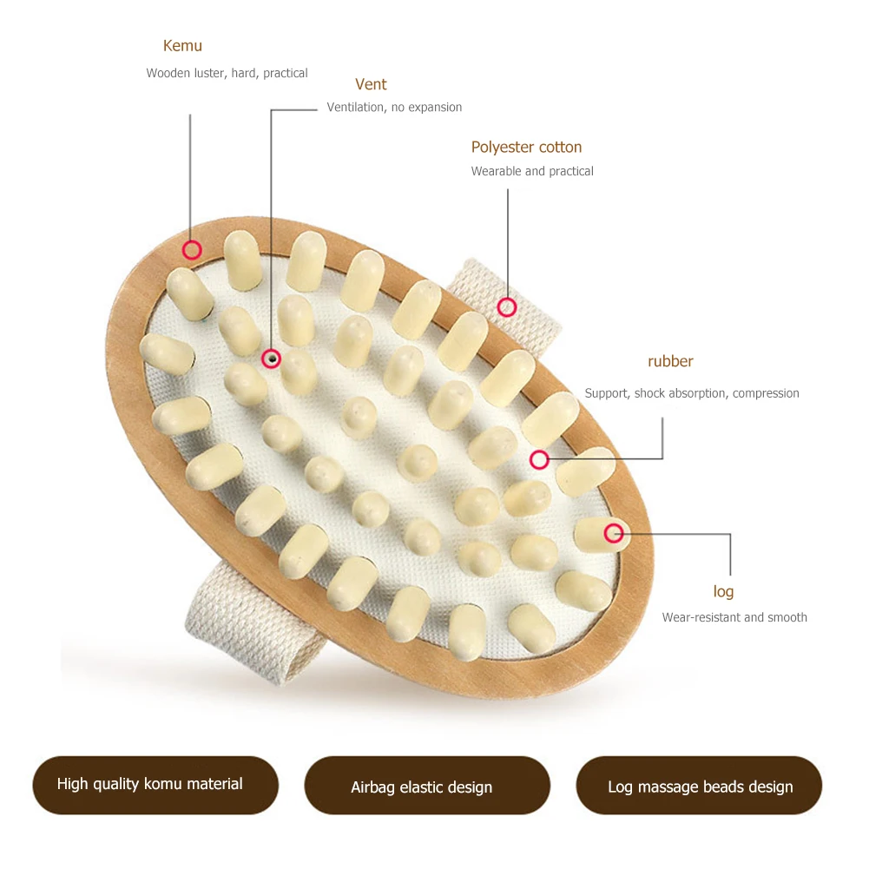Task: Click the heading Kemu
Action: click(x=182, y=46)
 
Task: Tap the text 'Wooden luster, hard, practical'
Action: click(x=227, y=74)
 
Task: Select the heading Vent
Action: click(x=371, y=84)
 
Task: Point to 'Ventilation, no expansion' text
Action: click(x=394, y=108)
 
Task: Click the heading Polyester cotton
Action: click(x=526, y=148)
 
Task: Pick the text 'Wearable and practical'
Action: click(x=532, y=172)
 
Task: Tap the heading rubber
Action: click(x=670, y=361)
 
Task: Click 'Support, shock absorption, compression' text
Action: click(x=692, y=393)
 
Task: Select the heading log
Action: click(x=723, y=592)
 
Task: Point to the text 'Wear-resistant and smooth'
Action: click(x=734, y=618)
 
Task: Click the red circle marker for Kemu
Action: click(x=192, y=251)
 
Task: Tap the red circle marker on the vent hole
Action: click(x=272, y=358)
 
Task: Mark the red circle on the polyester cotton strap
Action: click(x=507, y=306)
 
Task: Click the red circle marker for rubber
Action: click(x=539, y=460)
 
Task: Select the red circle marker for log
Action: click(x=614, y=533)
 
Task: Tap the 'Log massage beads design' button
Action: click(x=699, y=786)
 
